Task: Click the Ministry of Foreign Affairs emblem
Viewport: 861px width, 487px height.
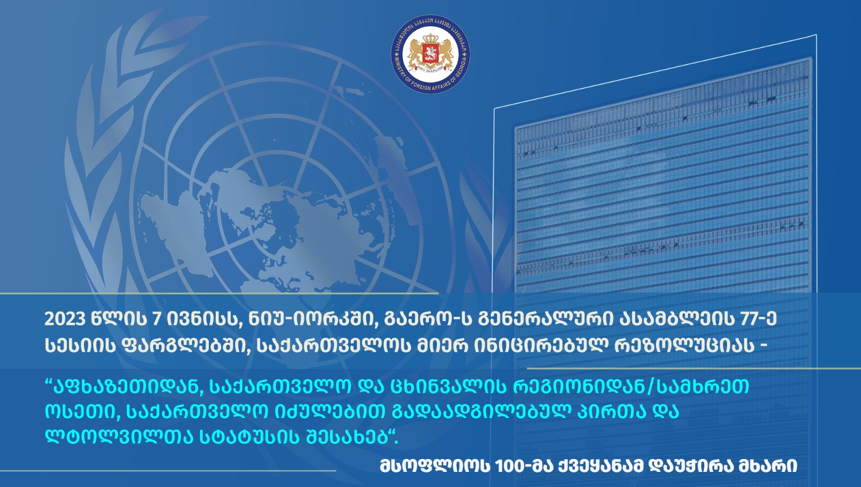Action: (x=430, y=54)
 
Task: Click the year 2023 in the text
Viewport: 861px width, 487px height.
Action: (x=65, y=319)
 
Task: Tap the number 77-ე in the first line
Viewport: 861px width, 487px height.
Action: (x=759, y=319)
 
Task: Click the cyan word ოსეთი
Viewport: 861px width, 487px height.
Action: (x=80, y=412)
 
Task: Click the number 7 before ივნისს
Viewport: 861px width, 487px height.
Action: (x=157, y=319)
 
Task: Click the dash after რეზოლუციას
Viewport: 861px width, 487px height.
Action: (x=763, y=345)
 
